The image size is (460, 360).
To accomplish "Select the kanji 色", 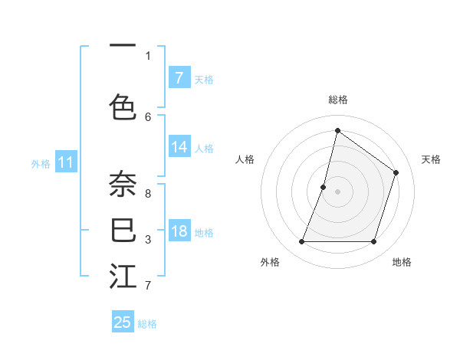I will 123,106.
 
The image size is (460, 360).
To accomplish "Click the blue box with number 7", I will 179,78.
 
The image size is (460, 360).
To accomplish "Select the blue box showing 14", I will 179,148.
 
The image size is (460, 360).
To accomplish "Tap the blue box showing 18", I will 179,232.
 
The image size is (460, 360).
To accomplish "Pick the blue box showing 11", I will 65,162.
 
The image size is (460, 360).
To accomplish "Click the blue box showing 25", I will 123,322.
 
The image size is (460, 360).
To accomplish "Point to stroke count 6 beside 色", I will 148,116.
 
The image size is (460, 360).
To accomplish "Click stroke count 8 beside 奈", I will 148,193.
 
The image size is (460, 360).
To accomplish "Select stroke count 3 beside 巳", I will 148,240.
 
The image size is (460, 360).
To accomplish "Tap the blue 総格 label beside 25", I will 147,324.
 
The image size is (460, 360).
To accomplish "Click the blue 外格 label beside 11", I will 41,164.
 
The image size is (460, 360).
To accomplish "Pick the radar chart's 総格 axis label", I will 337,100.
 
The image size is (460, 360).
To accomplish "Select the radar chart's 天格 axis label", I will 431,159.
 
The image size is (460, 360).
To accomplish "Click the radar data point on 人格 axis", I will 324,187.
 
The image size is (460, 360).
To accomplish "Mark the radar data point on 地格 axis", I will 373,242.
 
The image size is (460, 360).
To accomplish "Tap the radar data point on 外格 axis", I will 301,242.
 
